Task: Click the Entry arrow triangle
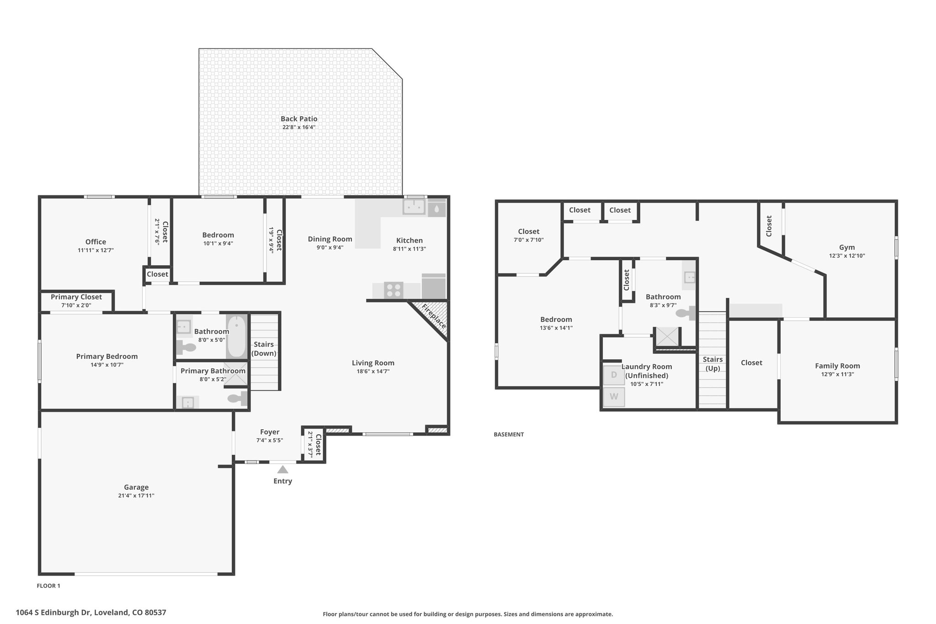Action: (x=283, y=469)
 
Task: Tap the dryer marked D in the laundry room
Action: (x=614, y=375)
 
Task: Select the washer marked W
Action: (x=614, y=397)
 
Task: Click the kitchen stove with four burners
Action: (x=394, y=290)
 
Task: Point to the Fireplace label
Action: (x=433, y=316)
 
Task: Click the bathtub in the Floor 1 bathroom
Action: (x=236, y=336)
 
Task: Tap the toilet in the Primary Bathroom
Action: (x=237, y=398)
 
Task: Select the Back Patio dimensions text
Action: (x=299, y=127)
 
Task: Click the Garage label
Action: (x=136, y=487)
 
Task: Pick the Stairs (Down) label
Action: (x=264, y=349)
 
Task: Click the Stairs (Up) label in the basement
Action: (x=713, y=364)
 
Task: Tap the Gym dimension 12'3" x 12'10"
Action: (x=847, y=256)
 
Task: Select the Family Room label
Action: (x=837, y=366)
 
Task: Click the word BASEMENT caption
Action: (x=509, y=435)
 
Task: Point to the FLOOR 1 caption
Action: (x=48, y=586)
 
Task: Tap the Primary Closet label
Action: (x=76, y=297)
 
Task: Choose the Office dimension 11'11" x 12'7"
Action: (x=96, y=251)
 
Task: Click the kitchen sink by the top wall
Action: (x=414, y=207)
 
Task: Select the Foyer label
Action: (x=270, y=432)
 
